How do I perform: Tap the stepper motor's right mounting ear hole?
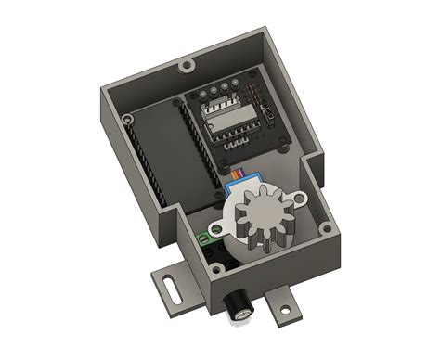click(x=302, y=198)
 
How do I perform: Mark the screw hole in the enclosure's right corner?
click(x=326, y=225)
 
